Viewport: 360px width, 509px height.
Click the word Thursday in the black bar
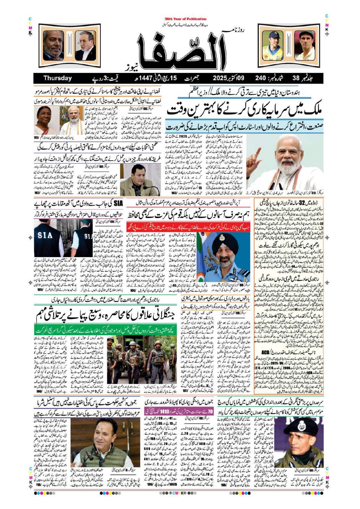click(x=57, y=78)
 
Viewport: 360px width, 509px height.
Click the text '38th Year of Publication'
click(x=185, y=19)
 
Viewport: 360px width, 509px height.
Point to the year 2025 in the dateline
click(x=222, y=78)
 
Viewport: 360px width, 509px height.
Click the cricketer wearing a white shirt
click(x=305, y=45)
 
